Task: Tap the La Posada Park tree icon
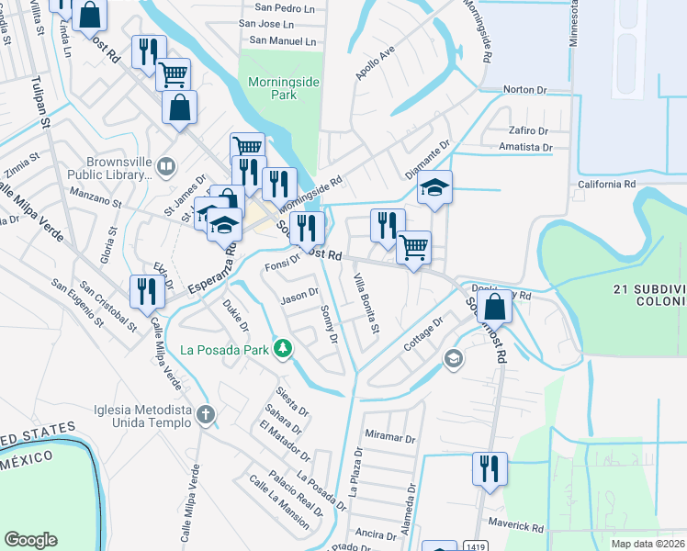tap(285, 348)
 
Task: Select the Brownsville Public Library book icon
tap(166, 166)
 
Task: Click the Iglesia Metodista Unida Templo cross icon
tap(204, 415)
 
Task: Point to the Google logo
tap(30, 539)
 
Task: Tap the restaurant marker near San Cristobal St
tap(147, 290)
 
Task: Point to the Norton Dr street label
tap(525, 90)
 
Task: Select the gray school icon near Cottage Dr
tap(452, 358)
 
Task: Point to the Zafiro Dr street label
tap(527, 130)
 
